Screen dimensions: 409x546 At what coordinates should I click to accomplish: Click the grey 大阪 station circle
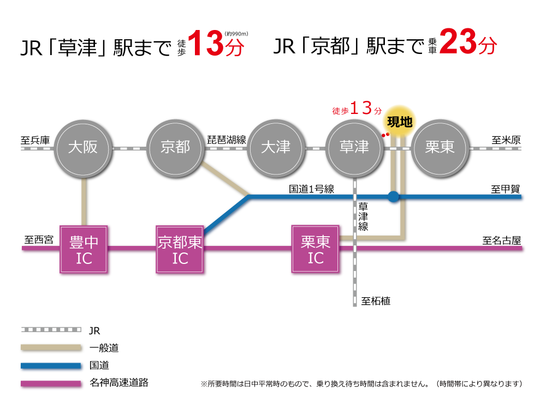point(83,148)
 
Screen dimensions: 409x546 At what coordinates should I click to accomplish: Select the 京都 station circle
point(175,148)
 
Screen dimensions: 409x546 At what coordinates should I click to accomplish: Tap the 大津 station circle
point(276,148)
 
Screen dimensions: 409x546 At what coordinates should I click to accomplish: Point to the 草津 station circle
point(354,148)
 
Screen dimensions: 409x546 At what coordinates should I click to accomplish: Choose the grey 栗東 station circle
point(440,148)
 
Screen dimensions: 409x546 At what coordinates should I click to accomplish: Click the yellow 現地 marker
point(400,121)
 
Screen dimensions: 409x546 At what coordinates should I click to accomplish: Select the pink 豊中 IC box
point(85,250)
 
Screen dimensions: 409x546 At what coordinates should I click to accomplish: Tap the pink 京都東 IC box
point(180,250)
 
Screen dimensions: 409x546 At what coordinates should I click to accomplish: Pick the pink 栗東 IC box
point(316,249)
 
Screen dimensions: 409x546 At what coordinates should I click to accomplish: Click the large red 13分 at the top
point(215,44)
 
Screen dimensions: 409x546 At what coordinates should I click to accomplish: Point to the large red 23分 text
point(468,43)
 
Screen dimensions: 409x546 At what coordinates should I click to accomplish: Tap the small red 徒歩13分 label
point(358,109)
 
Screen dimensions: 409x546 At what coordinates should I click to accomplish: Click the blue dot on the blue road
point(393,197)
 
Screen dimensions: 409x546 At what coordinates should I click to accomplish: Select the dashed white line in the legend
point(51,329)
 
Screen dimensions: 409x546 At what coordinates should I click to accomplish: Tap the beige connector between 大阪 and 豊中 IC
point(85,201)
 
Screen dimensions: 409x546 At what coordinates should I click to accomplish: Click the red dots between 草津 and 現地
point(385,134)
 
